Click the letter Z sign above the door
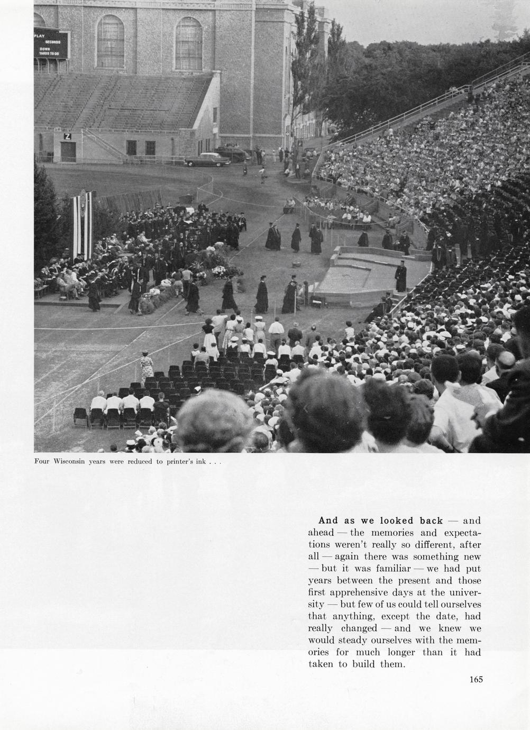point(67,136)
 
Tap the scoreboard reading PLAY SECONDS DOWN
point(51,44)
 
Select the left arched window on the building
point(111,41)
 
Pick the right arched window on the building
point(189,43)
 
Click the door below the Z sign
point(68,152)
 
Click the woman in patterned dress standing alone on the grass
point(147,365)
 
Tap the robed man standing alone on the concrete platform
point(400,276)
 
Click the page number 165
point(476,680)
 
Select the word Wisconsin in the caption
point(70,462)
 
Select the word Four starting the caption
point(42,462)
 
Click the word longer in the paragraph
point(401,652)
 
